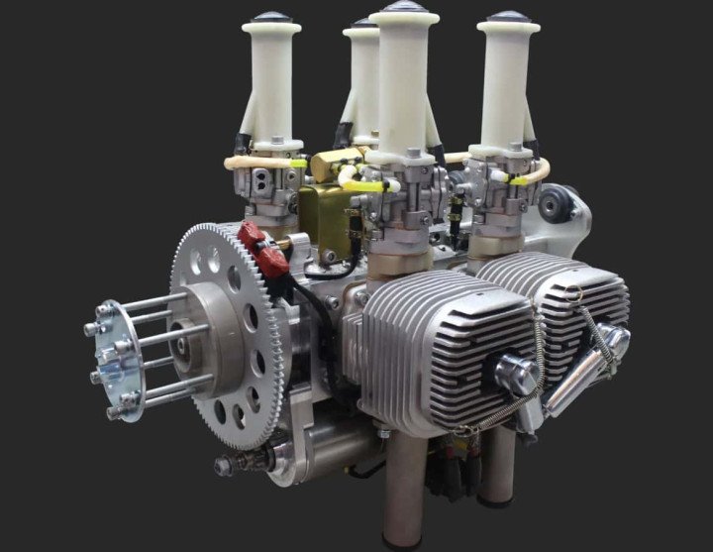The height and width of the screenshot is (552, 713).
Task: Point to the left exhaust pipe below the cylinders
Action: coord(409,486)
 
